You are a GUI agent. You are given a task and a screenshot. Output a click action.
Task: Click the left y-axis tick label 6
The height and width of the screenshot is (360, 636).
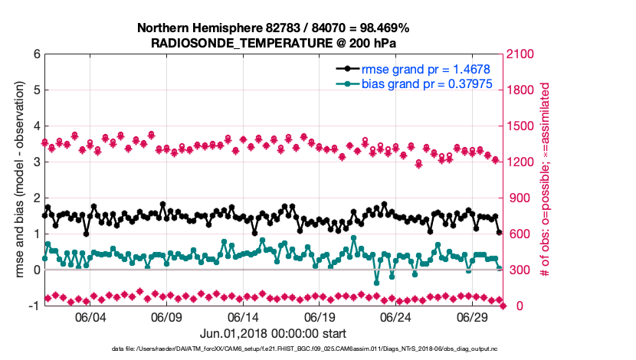[x=37, y=54]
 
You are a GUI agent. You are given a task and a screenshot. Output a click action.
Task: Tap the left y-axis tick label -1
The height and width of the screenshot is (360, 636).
[x=34, y=306]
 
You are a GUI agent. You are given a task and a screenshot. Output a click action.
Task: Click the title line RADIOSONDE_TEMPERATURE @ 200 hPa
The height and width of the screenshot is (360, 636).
[x=273, y=43]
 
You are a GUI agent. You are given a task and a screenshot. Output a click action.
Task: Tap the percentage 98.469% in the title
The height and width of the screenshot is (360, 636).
[x=384, y=28]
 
